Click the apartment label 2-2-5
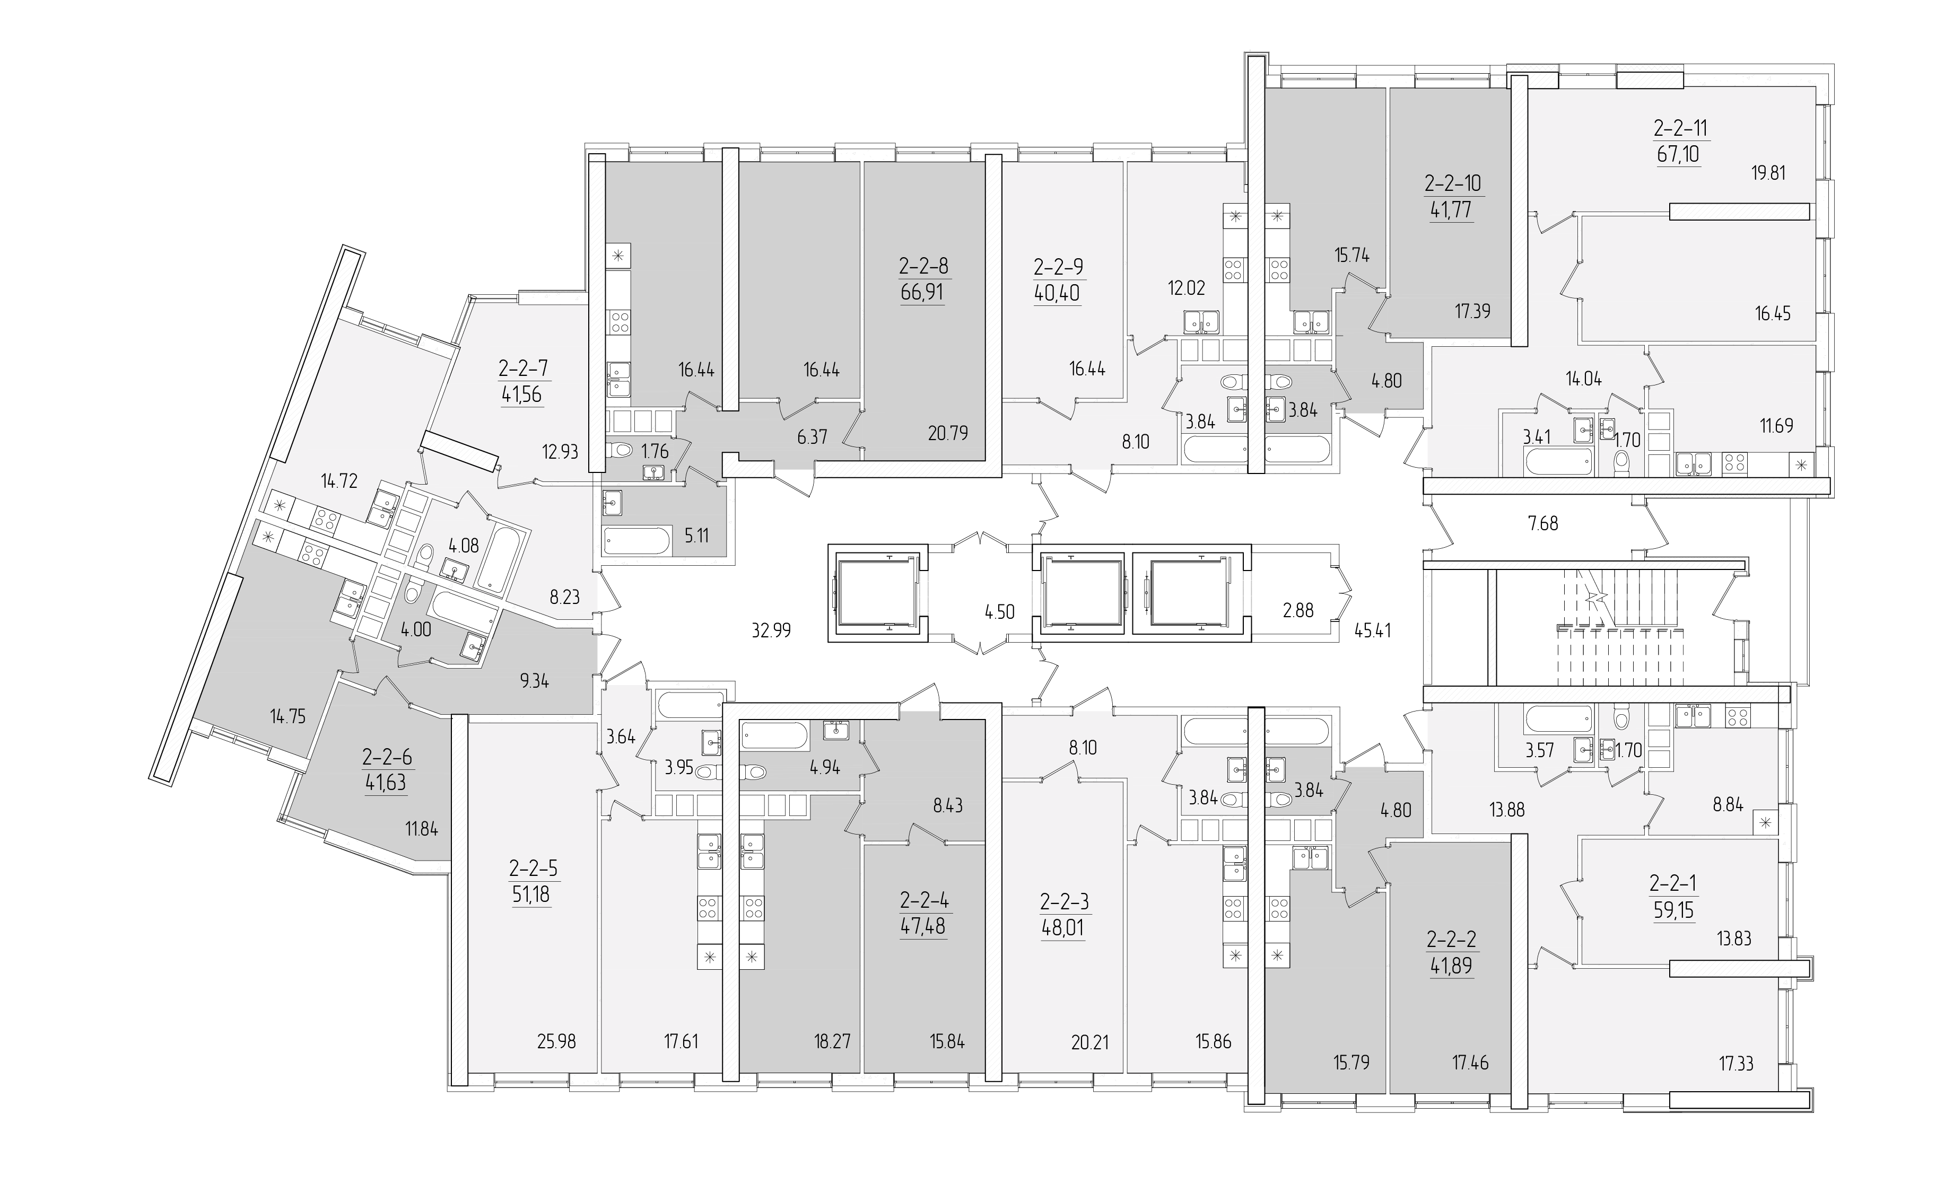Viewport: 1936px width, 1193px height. (534, 869)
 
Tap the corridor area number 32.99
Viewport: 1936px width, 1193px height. (771, 630)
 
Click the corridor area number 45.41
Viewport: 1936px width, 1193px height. (1373, 630)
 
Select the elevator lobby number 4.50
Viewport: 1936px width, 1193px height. (999, 611)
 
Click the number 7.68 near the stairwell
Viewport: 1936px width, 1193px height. (1543, 523)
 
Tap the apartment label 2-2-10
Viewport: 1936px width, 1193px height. (1453, 184)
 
